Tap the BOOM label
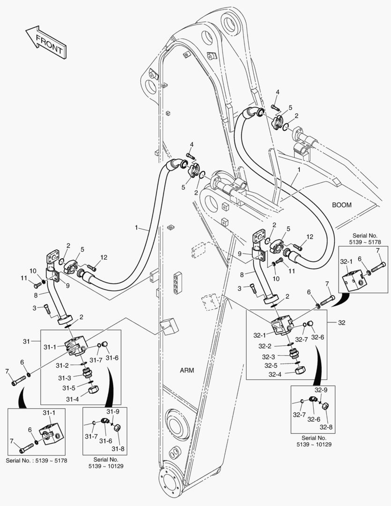pyautogui.click(x=341, y=205)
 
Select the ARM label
pyautogui.click(x=187, y=370)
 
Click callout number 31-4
pyautogui.click(x=72, y=399)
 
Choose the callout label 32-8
pyautogui.click(x=326, y=427)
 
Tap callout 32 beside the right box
pyautogui.click(x=343, y=323)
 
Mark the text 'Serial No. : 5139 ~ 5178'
pyautogui.click(x=37, y=461)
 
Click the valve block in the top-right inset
pyautogui.click(x=353, y=280)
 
